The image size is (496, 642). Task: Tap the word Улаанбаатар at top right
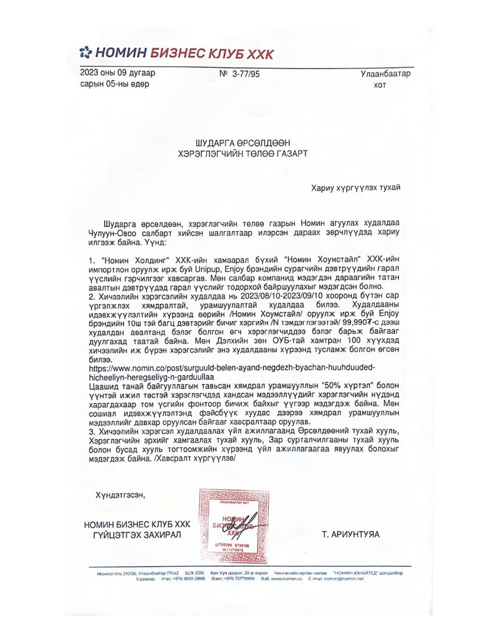click(x=385, y=74)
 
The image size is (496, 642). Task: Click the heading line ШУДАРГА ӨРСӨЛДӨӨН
click(x=243, y=143)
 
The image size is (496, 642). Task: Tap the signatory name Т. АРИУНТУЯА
click(x=350, y=534)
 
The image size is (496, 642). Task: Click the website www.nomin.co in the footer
click(x=287, y=579)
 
